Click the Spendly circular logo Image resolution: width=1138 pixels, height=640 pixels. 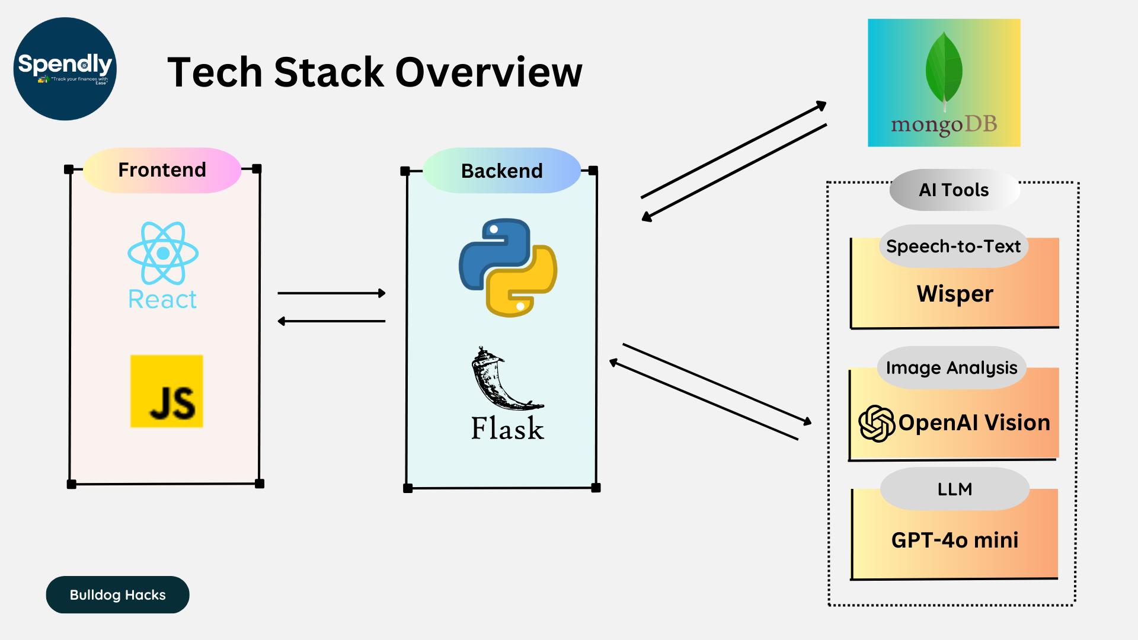[x=65, y=69]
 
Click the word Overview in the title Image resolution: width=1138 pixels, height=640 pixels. [x=488, y=72]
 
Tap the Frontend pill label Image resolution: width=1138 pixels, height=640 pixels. [x=162, y=170]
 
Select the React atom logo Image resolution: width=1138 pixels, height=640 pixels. [x=163, y=254]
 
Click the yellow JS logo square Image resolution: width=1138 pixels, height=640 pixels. [x=167, y=391]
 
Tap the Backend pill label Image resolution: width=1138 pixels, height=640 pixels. [x=501, y=171]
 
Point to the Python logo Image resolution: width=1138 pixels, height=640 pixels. [x=508, y=267]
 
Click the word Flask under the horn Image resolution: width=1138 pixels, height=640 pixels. [x=507, y=428]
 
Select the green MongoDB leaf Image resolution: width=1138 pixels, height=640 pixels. [x=944, y=68]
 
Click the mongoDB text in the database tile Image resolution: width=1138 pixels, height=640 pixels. [x=944, y=124]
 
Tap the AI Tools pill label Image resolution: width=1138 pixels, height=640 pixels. [x=954, y=190]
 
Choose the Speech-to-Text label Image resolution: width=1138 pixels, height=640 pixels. [x=953, y=246]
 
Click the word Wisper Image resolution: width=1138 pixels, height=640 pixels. [x=955, y=294]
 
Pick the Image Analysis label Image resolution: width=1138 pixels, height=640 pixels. [x=951, y=367]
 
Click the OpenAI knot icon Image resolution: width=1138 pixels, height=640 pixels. [x=877, y=423]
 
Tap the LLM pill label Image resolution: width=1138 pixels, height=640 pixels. [x=954, y=489]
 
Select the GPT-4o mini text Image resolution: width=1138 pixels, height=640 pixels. [x=955, y=540]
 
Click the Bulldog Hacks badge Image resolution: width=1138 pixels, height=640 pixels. [x=117, y=594]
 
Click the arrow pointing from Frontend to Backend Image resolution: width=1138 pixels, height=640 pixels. [x=331, y=293]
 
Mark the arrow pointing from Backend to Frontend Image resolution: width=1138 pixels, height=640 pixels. [x=331, y=321]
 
